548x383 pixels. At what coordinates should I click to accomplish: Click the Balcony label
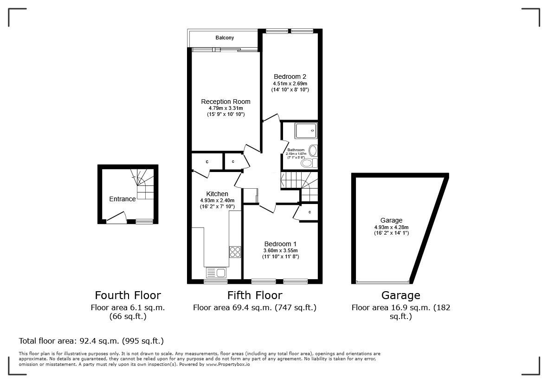tap(225, 38)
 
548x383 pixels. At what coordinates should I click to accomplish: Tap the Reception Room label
tap(226, 102)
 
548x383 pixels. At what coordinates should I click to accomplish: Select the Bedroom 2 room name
tap(290, 77)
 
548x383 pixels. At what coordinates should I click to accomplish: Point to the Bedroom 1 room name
tap(280, 244)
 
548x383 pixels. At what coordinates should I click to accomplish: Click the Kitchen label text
tap(217, 194)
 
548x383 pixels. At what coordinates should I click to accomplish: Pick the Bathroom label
tap(296, 150)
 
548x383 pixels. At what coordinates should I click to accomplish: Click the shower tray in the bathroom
tap(306, 131)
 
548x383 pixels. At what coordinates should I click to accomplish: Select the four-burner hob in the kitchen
tap(235, 252)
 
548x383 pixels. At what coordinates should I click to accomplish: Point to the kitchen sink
tap(216, 273)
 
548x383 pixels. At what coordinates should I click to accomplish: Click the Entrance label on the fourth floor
tap(122, 199)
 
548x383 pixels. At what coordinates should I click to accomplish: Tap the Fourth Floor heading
tap(128, 295)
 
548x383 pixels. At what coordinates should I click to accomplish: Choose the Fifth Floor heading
tap(254, 295)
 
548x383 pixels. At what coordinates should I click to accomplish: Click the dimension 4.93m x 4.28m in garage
tap(391, 227)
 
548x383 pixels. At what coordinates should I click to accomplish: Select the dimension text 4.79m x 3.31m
tap(226, 108)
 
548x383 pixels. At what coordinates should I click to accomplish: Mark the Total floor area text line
tap(91, 341)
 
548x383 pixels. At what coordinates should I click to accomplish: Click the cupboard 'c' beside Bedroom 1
tap(309, 212)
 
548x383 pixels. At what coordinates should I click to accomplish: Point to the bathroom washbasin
tap(312, 150)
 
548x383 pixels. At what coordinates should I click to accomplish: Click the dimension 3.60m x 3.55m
tap(280, 250)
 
